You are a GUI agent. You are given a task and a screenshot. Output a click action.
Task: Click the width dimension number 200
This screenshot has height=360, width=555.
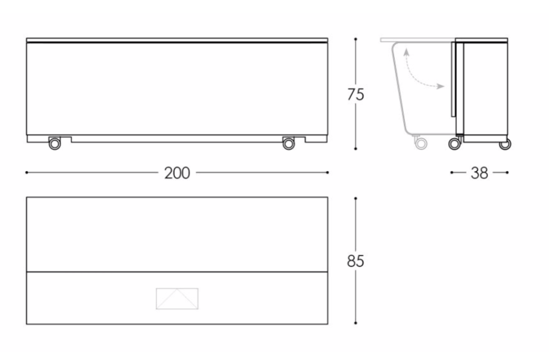tap(177, 173)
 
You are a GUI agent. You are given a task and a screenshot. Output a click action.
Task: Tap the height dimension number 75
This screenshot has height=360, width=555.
tap(355, 94)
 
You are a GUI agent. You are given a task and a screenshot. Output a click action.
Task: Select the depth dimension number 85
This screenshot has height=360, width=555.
tap(355, 261)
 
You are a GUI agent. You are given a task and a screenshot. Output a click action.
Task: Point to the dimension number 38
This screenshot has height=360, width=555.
tap(479, 173)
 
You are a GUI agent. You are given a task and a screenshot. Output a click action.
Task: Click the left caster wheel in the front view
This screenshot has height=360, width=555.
tap(54, 144)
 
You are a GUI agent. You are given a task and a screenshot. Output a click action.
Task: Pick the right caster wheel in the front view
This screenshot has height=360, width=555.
tap(288, 144)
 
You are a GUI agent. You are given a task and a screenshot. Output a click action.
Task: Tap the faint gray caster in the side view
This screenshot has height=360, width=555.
tap(420, 144)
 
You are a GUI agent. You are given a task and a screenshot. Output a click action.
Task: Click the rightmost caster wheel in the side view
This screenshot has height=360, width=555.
tap(505, 144)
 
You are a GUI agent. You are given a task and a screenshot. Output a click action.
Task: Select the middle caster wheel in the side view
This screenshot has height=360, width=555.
tap(455, 144)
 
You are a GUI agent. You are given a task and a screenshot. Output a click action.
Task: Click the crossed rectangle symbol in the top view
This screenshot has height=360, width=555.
tap(177, 298)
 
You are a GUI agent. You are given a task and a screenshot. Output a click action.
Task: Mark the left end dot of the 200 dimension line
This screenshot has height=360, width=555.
tap(27, 173)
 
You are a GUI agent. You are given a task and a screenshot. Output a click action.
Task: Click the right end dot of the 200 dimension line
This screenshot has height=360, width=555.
tap(328, 173)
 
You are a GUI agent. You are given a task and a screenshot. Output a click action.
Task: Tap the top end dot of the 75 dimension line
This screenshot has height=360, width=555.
tap(355, 39)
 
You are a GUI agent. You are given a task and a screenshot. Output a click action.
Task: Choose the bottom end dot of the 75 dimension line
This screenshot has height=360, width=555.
tap(355, 149)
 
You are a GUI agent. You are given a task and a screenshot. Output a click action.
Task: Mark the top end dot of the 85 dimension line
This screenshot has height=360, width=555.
tap(355, 198)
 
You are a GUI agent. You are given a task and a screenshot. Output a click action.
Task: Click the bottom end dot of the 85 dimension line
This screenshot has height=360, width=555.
tap(355, 324)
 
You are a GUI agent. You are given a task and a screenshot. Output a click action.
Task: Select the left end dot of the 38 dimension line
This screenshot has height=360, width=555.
tap(452, 173)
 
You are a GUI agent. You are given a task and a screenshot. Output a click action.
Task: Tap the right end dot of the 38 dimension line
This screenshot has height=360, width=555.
tap(507, 173)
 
